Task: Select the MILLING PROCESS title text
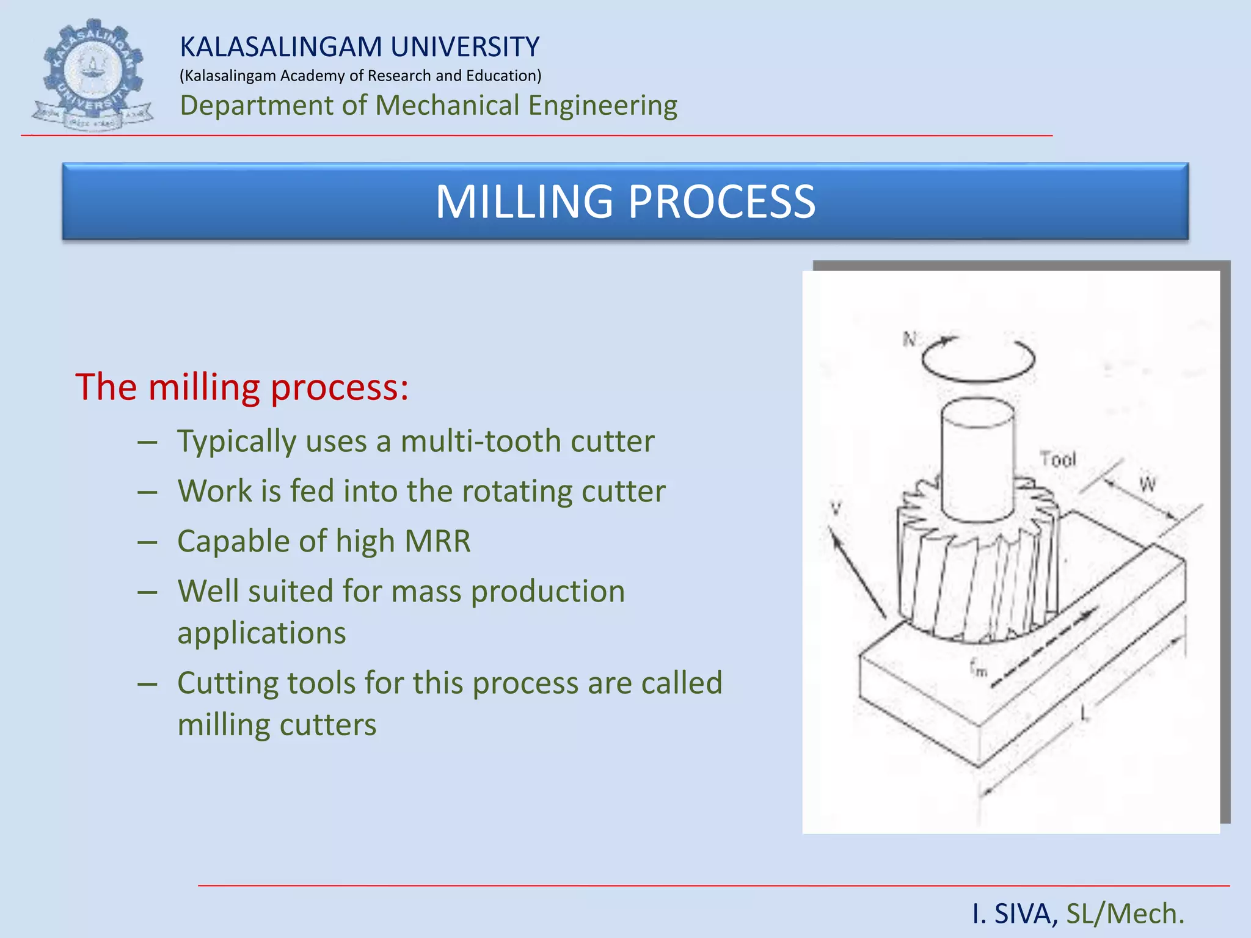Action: pyautogui.click(x=625, y=202)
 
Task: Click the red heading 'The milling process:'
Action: pyautogui.click(x=242, y=387)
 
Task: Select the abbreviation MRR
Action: pyautogui.click(x=437, y=542)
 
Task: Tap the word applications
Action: pyautogui.click(x=261, y=633)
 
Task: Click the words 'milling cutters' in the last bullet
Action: pyautogui.click(x=277, y=725)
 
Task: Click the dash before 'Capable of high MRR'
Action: pyautogui.click(x=148, y=542)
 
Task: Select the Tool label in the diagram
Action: pyautogui.click(x=1057, y=459)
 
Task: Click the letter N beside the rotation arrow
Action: pyautogui.click(x=910, y=339)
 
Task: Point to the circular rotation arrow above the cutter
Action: pyautogui.click(x=977, y=360)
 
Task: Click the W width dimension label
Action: pyautogui.click(x=1147, y=485)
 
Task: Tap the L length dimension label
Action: pyautogui.click(x=1085, y=712)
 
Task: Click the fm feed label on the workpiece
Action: pyautogui.click(x=978, y=667)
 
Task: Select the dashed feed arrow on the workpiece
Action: pyautogui.click(x=1045, y=647)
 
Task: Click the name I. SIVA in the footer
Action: pyautogui.click(x=1015, y=914)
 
